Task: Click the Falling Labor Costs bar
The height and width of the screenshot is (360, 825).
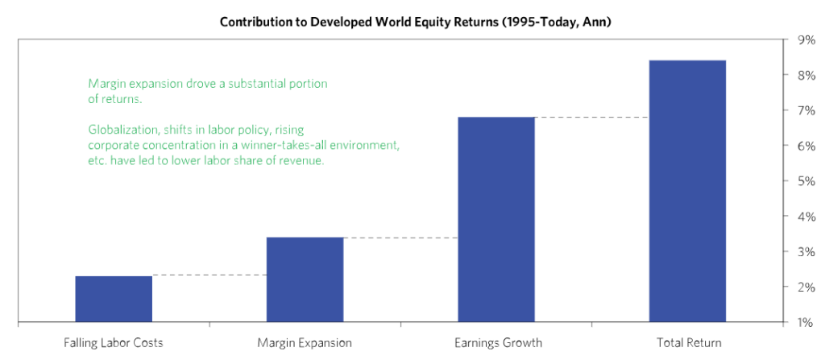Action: (x=114, y=299)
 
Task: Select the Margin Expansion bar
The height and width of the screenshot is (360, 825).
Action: (x=305, y=279)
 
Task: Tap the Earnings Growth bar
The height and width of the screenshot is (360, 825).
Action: (x=496, y=219)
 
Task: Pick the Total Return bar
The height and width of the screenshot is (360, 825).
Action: (x=688, y=191)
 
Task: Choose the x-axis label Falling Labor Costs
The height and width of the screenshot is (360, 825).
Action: (x=114, y=343)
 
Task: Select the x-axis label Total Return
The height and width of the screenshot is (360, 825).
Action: (x=690, y=343)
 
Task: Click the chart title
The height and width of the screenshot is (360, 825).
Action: (x=415, y=22)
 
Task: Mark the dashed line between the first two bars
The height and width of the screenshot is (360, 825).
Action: (x=209, y=275)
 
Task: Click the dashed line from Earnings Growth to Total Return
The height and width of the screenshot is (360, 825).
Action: (x=592, y=118)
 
